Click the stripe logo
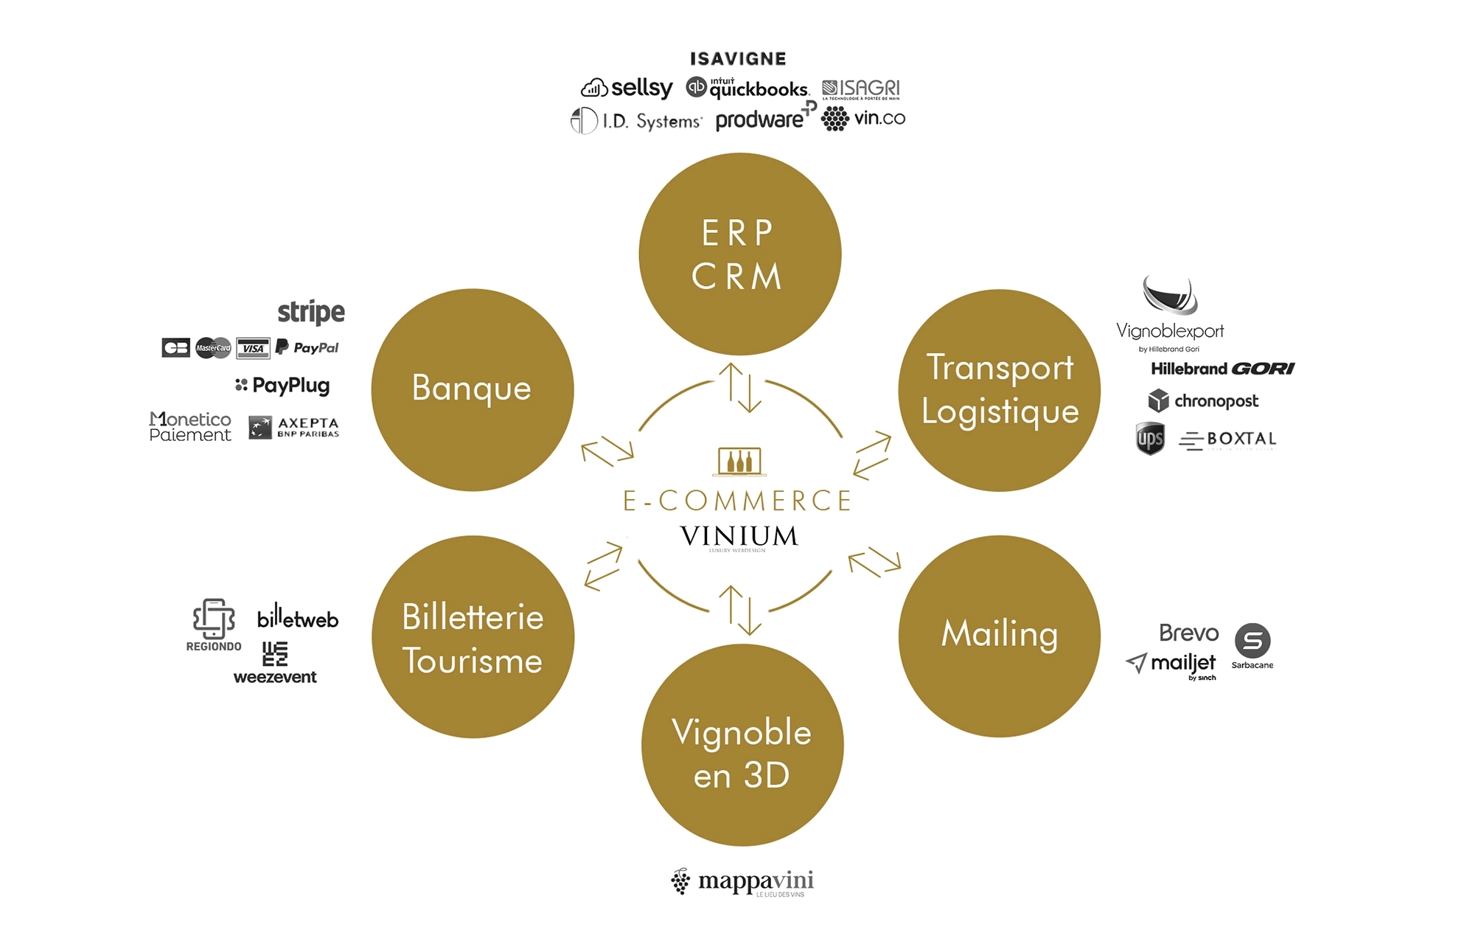coord(310,312)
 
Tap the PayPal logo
coord(307,347)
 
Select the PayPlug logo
coord(282,385)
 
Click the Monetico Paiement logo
coord(190,427)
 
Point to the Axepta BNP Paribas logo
coord(294,428)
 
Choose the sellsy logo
coord(627,88)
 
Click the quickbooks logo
coord(748,88)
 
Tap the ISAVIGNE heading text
coord(738,59)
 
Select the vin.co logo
coord(863,119)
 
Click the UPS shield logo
coord(1150,439)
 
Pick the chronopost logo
coord(1203,401)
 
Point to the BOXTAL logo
coord(1228,440)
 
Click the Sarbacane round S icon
coord(1252,640)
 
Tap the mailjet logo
coord(1171,664)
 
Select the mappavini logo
coord(742,882)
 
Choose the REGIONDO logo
coord(214,625)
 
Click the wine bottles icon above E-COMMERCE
coord(739,461)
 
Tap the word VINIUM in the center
coord(739,536)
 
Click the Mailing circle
coord(999,636)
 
